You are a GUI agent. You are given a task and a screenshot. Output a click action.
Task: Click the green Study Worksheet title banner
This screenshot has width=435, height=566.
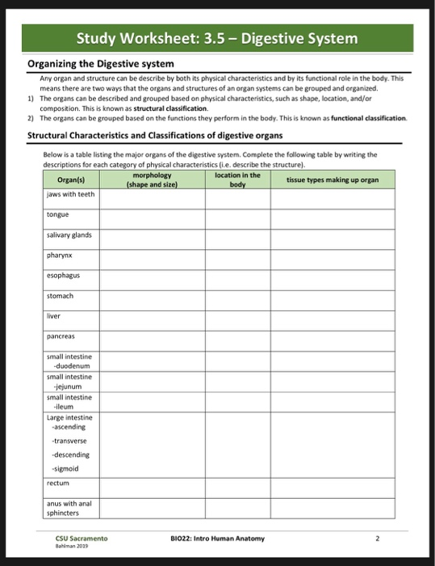(217, 38)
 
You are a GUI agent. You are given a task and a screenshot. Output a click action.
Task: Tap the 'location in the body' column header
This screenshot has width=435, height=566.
(237, 180)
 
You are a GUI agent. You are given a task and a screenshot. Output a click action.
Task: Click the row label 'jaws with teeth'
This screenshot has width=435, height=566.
(70, 194)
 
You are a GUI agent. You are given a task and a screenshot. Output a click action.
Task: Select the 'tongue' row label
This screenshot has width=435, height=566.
(57, 214)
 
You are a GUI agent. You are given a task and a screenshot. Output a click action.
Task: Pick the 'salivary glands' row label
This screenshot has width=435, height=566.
(69, 234)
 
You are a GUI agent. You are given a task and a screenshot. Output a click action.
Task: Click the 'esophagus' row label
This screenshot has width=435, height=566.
(62, 275)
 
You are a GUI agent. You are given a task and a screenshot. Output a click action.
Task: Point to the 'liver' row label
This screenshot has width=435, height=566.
(53, 316)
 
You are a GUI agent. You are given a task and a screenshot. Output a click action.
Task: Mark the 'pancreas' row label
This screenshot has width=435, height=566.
(61, 336)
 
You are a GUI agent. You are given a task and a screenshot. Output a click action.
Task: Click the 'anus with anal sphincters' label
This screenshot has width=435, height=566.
(69, 507)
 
